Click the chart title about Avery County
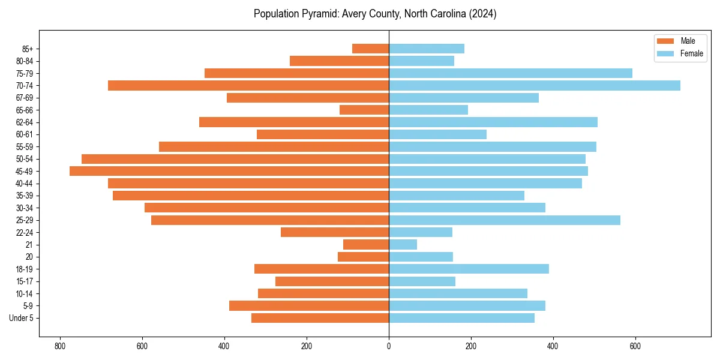(x=375, y=14)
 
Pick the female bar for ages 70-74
(x=535, y=85)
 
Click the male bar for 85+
(x=371, y=49)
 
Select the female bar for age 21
(x=403, y=244)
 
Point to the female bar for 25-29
(x=505, y=220)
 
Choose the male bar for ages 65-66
(x=364, y=110)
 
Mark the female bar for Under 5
(x=461, y=318)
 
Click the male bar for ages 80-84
(x=340, y=61)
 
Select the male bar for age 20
(x=363, y=257)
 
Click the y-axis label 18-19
(x=24, y=269)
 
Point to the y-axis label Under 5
(x=21, y=318)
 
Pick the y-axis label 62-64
(x=24, y=122)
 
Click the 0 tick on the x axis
(x=389, y=346)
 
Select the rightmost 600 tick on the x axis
(x=635, y=346)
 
